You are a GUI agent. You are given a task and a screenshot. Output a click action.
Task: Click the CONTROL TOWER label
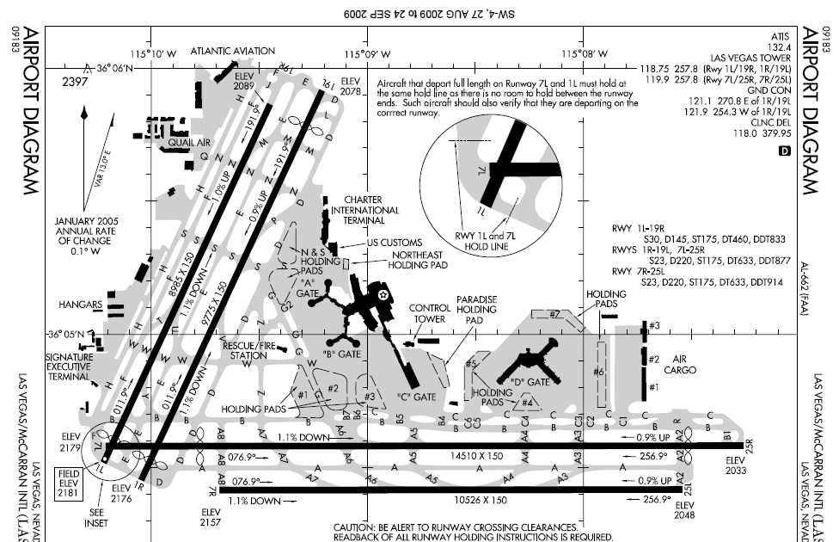pos(430,313)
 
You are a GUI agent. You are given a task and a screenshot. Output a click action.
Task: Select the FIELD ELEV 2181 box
pos(68,478)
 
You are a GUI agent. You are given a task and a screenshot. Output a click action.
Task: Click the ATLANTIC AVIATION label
pos(232,51)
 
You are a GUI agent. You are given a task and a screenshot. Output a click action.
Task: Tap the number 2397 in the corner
pos(75,82)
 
